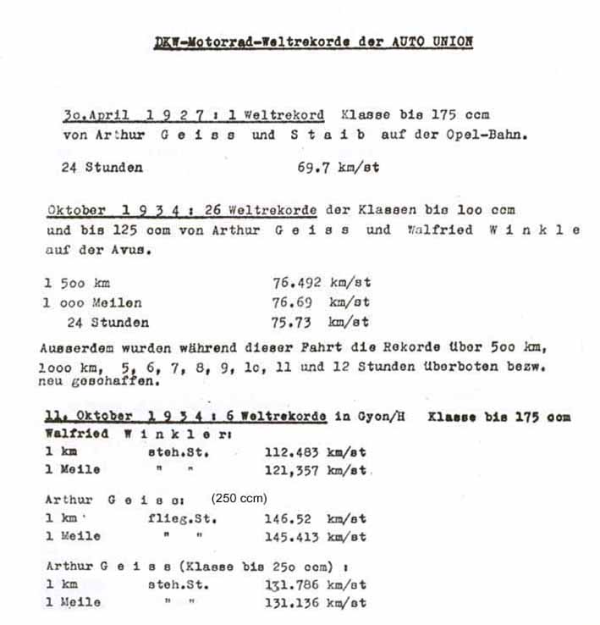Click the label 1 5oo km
[76, 284]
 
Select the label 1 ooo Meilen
[93, 302]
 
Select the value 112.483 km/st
[315, 451]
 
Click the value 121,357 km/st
[315, 470]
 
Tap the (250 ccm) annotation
[239, 499]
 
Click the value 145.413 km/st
[315, 537]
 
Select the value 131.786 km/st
[315, 584]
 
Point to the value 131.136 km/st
[315, 603]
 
